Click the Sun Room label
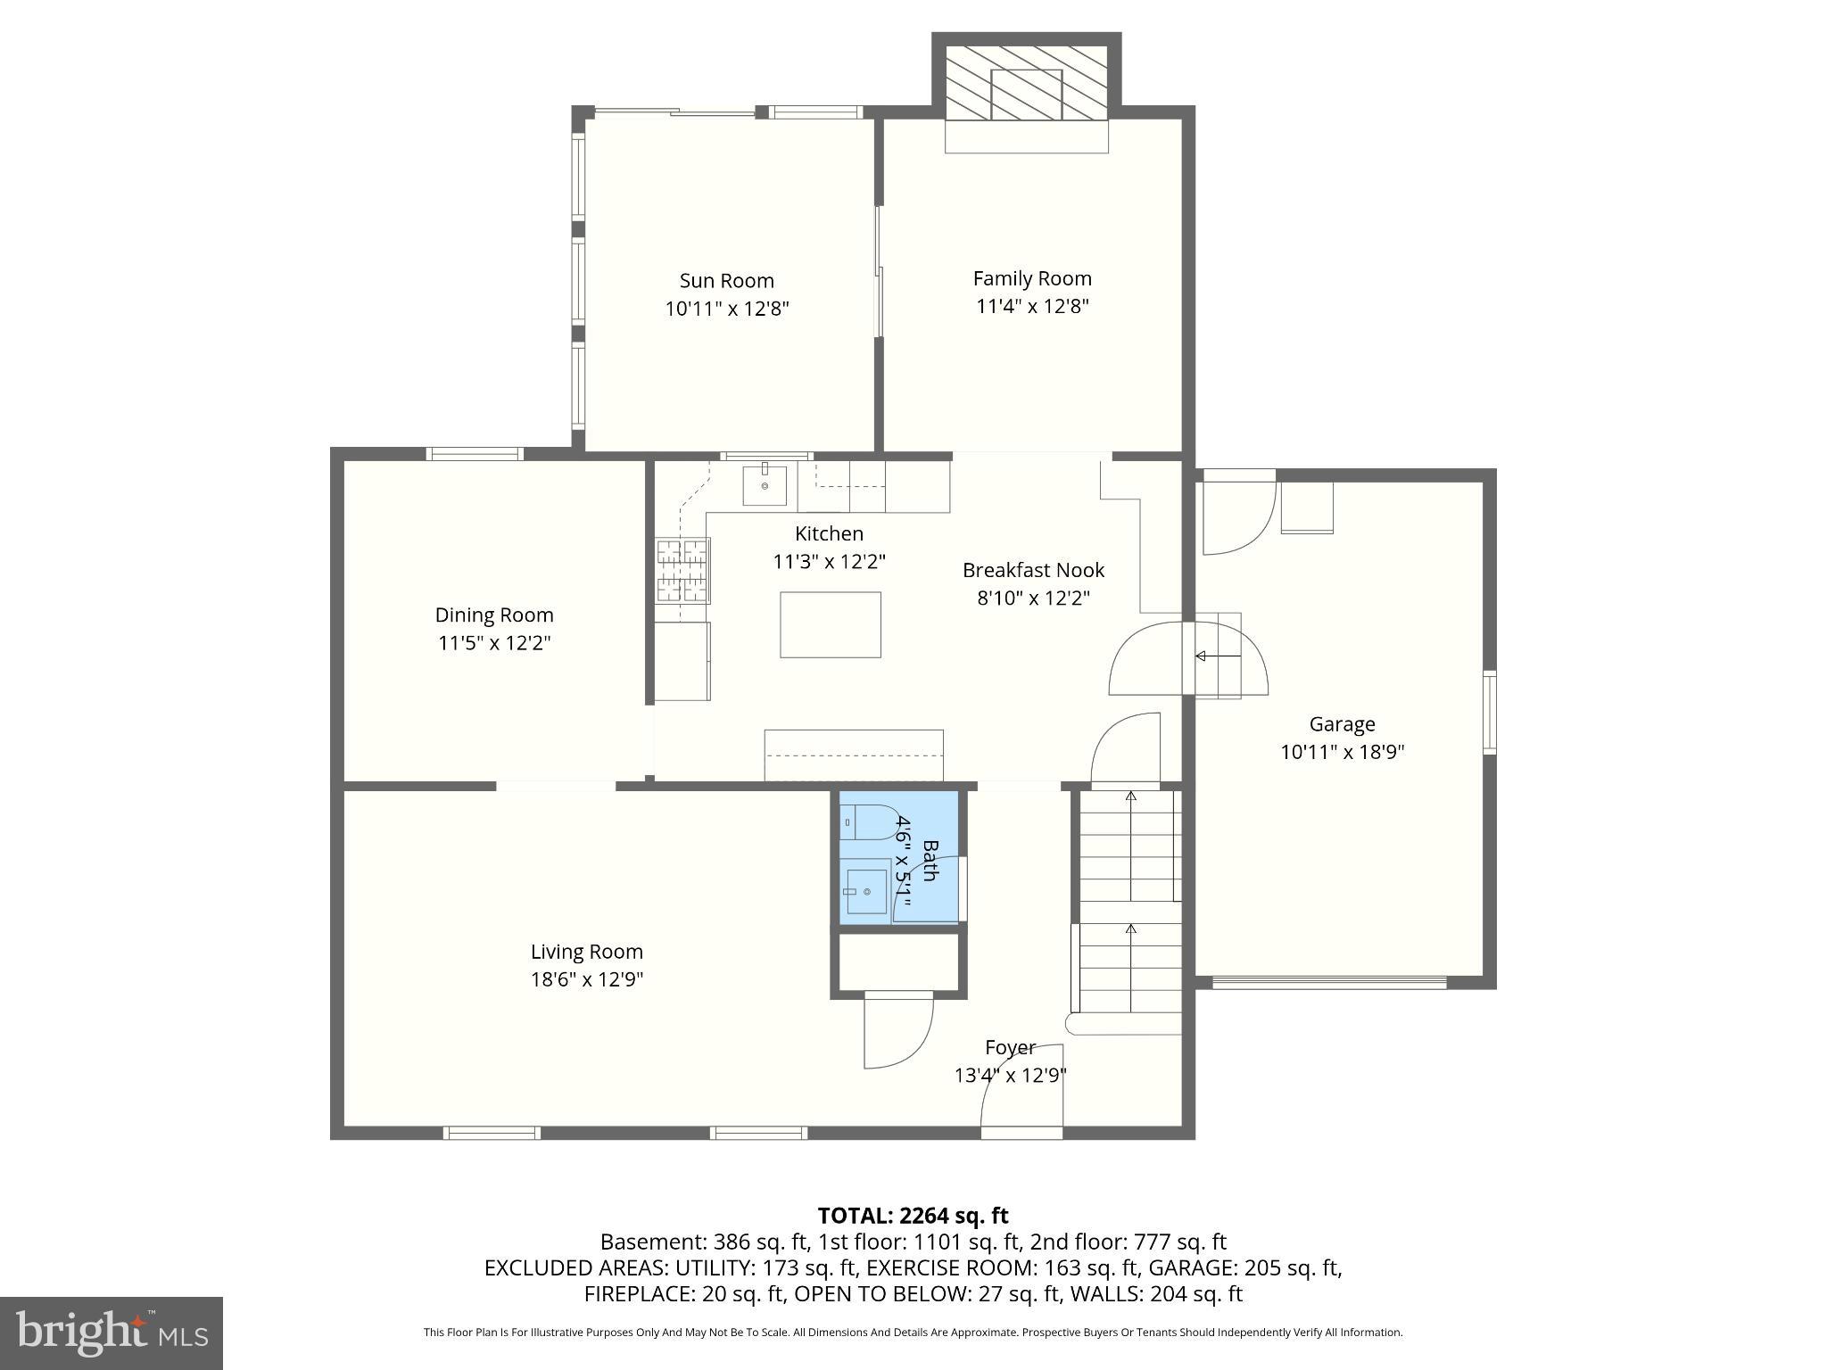point(726,280)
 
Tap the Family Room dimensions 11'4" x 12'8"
point(1032,307)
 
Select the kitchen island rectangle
point(830,624)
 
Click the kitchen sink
point(765,485)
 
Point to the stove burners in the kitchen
point(682,571)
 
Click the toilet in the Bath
point(869,821)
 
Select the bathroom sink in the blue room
point(866,890)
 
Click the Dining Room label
point(494,615)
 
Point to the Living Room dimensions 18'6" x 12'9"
point(587,979)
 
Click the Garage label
point(1342,723)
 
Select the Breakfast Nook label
point(1033,570)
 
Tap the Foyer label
point(1010,1047)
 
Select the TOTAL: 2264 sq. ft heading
point(913,1215)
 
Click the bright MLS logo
point(111,1333)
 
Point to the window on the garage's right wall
point(1489,713)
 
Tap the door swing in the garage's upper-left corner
point(1236,517)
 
